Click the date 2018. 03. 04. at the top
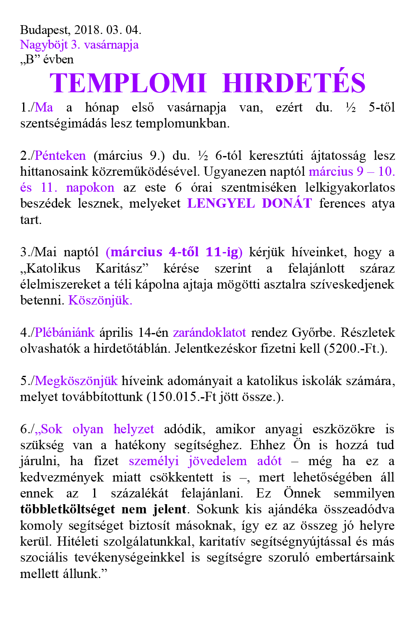point(108,30)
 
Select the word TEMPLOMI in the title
point(128,83)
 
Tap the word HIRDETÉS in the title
point(294,83)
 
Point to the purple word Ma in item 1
point(44,107)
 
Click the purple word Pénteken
point(60,156)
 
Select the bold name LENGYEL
point(221,203)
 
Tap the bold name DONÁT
point(287,203)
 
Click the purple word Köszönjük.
point(100,300)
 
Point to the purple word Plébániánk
point(65,333)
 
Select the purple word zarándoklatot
point(209,333)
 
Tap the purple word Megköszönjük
point(76,381)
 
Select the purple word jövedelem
point(217,461)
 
